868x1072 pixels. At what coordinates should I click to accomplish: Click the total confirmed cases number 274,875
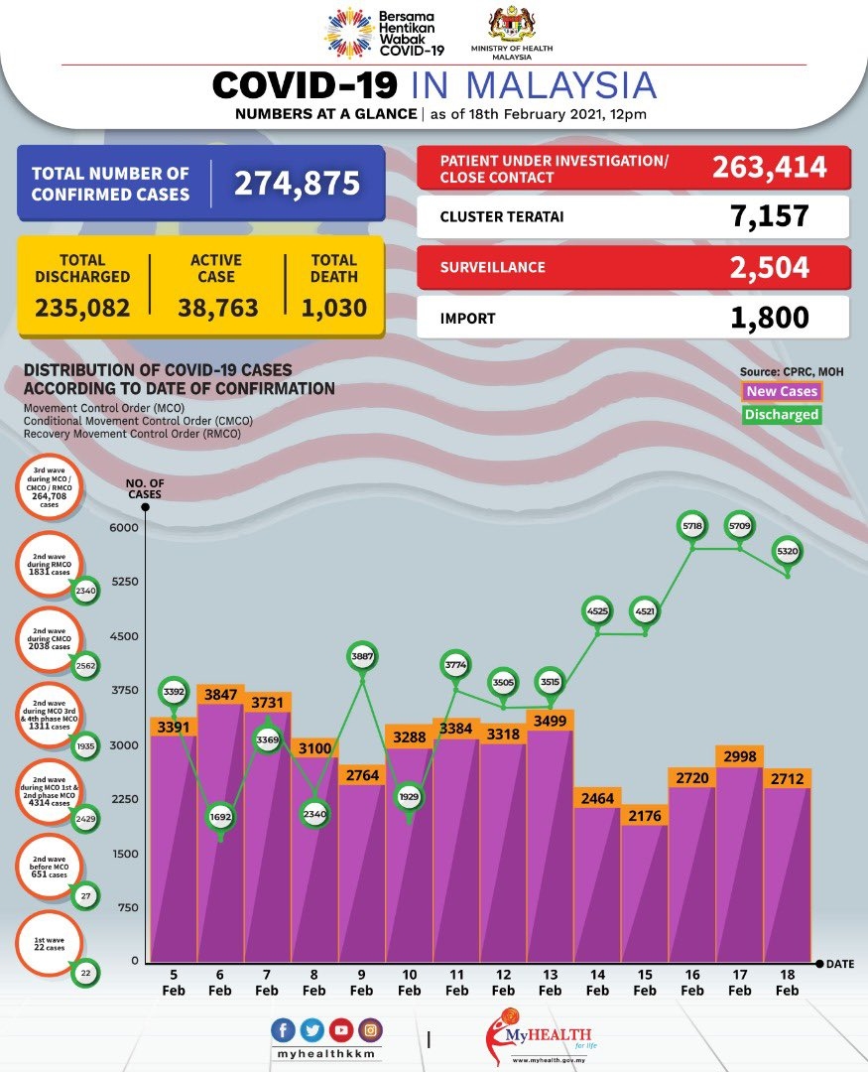297,183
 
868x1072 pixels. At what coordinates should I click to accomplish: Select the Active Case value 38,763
217,308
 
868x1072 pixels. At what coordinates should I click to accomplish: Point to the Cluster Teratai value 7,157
769,215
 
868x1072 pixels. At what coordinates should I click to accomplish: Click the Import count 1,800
769,317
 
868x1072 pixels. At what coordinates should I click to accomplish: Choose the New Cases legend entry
782,392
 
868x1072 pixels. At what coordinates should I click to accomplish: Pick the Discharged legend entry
782,415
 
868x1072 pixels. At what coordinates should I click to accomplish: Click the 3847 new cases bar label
220,696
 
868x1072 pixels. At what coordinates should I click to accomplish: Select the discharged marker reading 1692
220,818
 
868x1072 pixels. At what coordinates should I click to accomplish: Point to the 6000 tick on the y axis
123,527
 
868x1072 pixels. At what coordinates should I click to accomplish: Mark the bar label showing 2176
644,816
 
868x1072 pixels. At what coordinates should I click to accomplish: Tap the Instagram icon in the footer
369,1030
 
